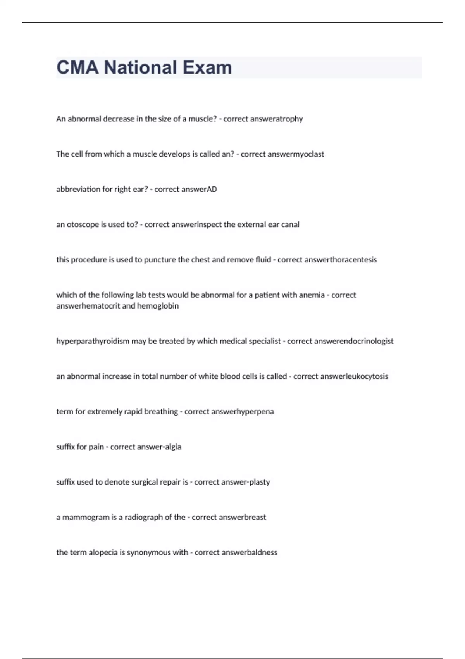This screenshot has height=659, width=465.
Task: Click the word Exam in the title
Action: [207, 67]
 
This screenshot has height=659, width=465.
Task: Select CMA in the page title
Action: [77, 67]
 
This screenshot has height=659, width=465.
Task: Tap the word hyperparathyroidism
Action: [93, 341]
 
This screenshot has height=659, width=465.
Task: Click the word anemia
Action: [312, 295]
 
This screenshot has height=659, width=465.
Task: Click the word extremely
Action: [105, 411]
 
